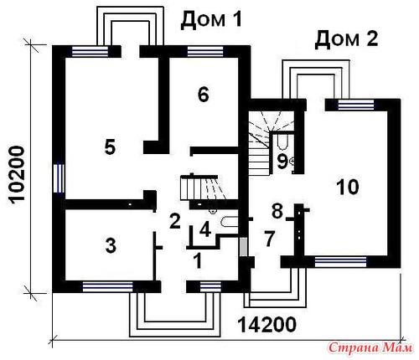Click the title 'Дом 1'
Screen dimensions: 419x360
211,20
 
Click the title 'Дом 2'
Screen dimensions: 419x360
346,39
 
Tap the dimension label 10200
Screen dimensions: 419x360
16,174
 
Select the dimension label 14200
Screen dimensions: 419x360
266,324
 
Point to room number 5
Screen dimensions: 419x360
110,147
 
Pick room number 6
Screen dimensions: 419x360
203,95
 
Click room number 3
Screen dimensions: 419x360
111,246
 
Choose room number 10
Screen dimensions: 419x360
348,187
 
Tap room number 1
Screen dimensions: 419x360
198,260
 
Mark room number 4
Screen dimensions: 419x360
205,230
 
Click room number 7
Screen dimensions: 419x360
269,239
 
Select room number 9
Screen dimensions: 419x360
282,162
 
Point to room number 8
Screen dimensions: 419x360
277,211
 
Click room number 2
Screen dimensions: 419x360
175,221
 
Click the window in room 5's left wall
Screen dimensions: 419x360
59,178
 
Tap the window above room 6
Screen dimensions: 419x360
205,52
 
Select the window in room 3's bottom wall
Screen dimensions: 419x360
107,286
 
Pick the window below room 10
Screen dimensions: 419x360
340,262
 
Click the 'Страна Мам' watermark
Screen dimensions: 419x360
370,347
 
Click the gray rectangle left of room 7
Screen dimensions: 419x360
244,247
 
